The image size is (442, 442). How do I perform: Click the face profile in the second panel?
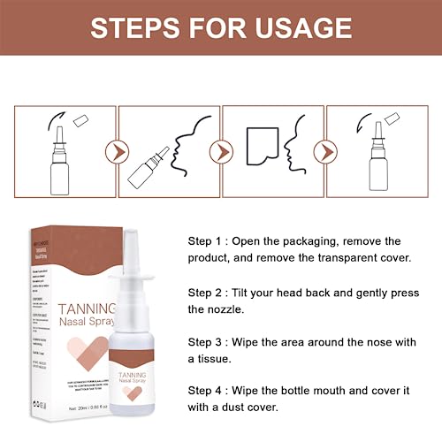tap(187, 150)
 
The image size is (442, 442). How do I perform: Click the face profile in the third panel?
tap(297, 149)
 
